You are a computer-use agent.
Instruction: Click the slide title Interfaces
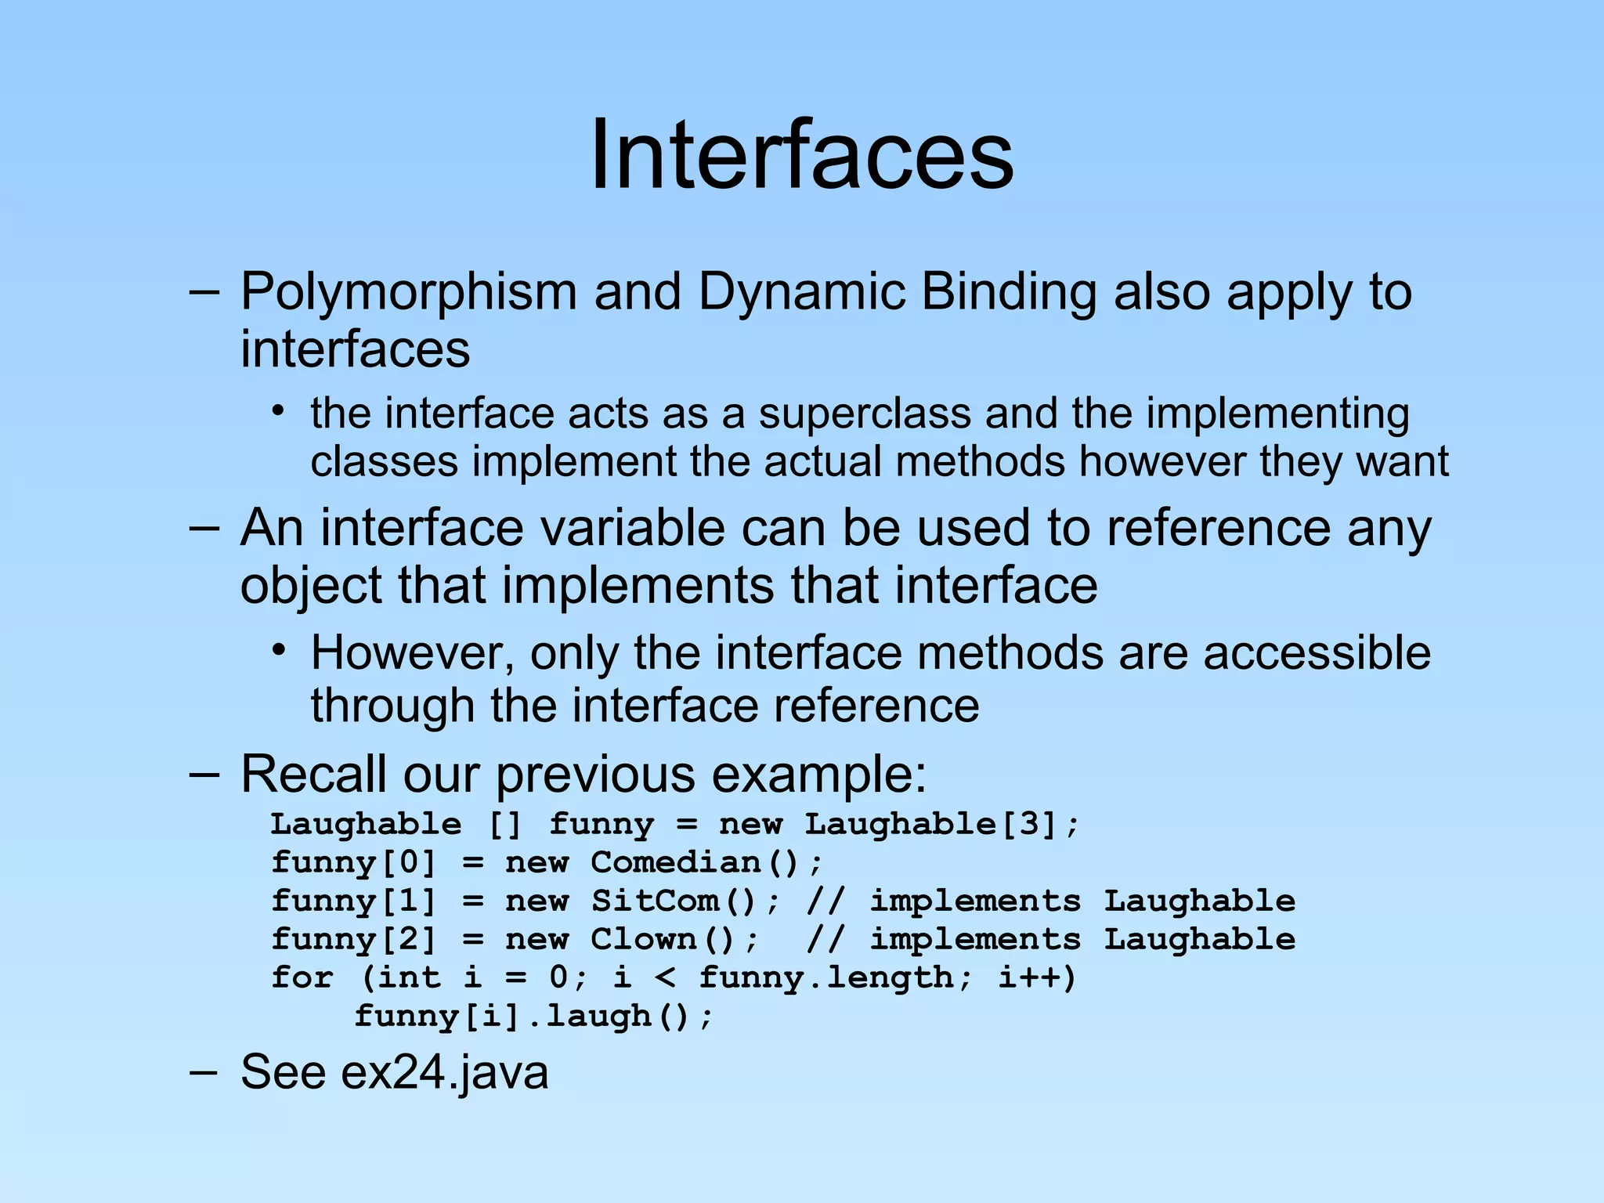pyautogui.click(x=801, y=154)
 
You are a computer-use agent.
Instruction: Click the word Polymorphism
pyautogui.click(x=407, y=292)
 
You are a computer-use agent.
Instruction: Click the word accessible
pyautogui.click(x=1317, y=653)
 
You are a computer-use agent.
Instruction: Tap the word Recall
pyautogui.click(x=312, y=775)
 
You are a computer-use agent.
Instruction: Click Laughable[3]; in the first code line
pyautogui.click(x=942, y=825)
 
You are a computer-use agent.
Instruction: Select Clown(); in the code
pyautogui.click(x=674, y=940)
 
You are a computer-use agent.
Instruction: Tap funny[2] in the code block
pyautogui.click(x=353, y=940)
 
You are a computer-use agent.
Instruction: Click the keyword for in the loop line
pyautogui.click(x=302, y=978)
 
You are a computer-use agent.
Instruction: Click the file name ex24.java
pyautogui.click(x=444, y=1072)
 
